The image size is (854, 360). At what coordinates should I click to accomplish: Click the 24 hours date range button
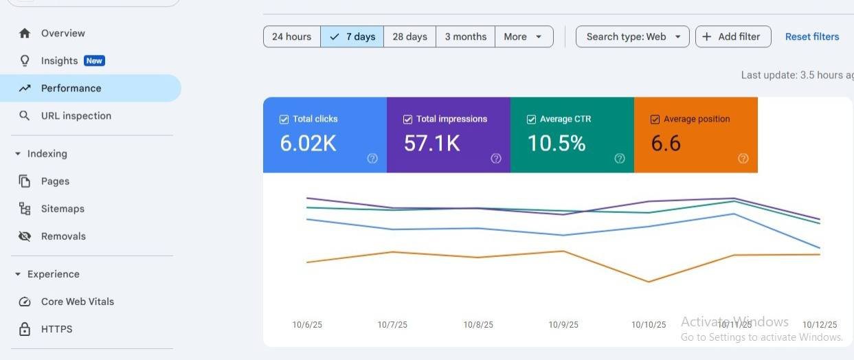coord(292,36)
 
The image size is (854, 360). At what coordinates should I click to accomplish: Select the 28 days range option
coord(410,36)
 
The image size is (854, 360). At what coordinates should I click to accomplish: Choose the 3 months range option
coord(466,36)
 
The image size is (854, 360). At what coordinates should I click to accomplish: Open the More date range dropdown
coord(524,36)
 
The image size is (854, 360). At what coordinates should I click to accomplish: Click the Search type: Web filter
coord(633,36)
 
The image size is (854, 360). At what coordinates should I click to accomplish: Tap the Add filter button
coord(733,36)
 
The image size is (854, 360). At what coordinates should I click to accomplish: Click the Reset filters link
coord(812,36)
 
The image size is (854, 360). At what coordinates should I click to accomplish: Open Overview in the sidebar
coord(63,33)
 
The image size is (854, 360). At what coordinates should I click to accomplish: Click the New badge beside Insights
coord(94,60)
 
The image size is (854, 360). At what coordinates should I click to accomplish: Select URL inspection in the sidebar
coord(76,115)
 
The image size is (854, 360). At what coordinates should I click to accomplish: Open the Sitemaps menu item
coord(63,209)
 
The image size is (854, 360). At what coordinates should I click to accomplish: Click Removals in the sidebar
coord(63,236)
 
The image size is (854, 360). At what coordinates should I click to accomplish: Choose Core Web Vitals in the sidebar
coord(78,302)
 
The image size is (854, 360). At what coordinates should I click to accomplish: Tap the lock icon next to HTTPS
coord(25,328)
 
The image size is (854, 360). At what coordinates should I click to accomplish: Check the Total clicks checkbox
coord(284,120)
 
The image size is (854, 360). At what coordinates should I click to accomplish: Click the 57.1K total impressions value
coord(432,144)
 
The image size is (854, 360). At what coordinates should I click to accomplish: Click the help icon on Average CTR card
coord(620,158)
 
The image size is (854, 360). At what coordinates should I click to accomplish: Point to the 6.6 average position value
coord(666,144)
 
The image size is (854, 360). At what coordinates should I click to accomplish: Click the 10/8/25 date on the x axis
coord(478,324)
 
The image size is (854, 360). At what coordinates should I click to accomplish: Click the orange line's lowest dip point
coord(649,282)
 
